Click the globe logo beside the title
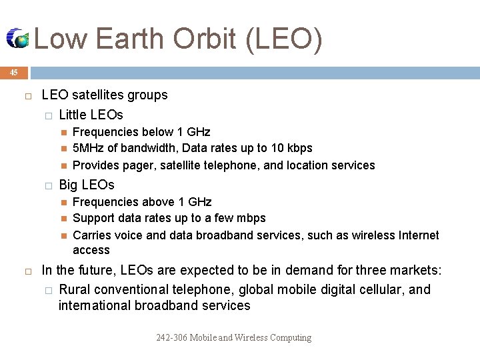pos(18,39)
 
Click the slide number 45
pos(13,72)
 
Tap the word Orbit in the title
pos(204,39)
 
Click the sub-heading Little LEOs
pos(91,115)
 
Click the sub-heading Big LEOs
pos(87,185)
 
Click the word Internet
pos(418,235)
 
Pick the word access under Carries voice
pos(91,250)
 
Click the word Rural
pos(75,289)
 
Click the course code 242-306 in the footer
pos(171,338)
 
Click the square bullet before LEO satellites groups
pos(28,95)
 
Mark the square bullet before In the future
pos(28,271)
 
